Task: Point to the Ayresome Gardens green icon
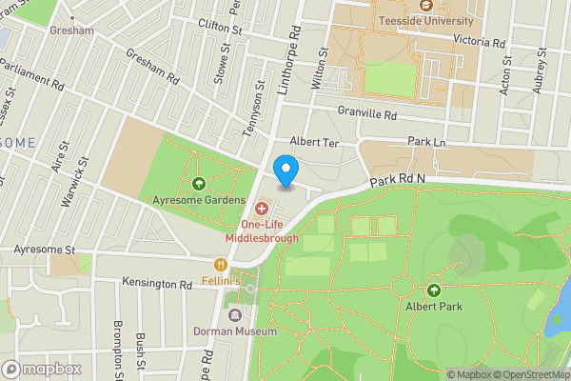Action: [198, 184]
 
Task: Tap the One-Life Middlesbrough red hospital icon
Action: [262, 207]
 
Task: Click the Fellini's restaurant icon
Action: [221, 265]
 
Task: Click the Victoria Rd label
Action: [480, 43]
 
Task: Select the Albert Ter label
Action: [314, 141]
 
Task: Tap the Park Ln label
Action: [425, 141]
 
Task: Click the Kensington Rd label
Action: [157, 284]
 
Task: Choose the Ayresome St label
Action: [44, 250]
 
